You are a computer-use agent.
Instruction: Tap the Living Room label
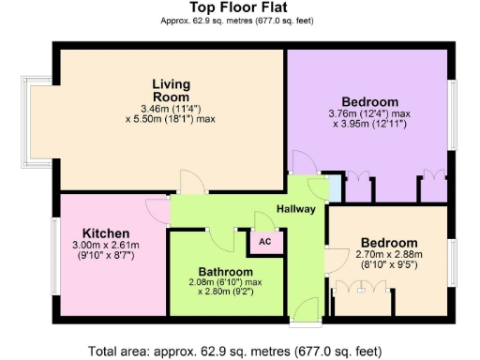point(171,89)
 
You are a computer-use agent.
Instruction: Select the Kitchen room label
point(105,232)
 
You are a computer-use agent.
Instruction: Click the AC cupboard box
point(264,241)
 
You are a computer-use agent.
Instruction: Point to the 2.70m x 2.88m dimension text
point(390,253)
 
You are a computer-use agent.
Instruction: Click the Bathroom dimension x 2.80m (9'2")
point(224,292)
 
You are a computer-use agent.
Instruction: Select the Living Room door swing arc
point(189,180)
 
